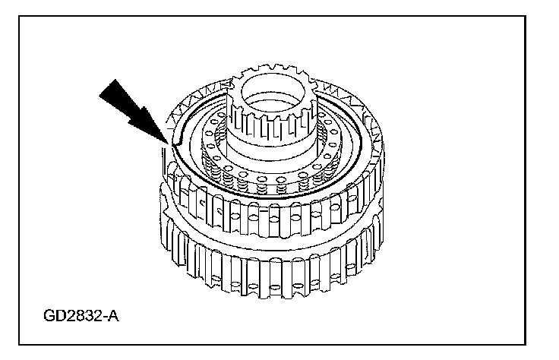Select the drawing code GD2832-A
tap(81, 314)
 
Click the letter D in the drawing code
tap(62, 314)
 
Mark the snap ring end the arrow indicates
tap(174, 144)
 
